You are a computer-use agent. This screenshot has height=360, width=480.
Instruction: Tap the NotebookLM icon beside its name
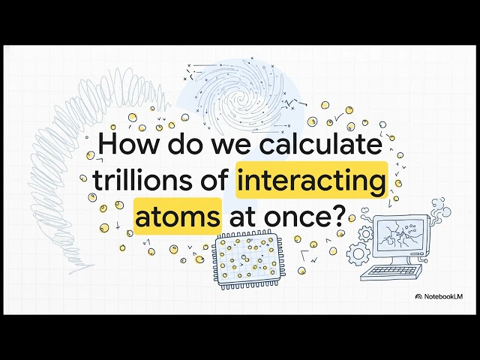(x=418, y=297)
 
